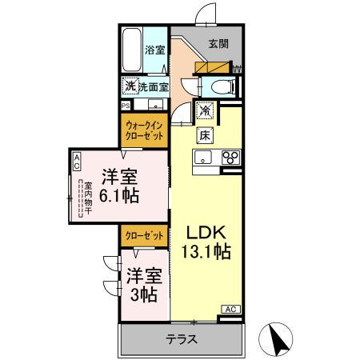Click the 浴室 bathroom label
coord(154,50)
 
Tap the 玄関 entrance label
coord(219,44)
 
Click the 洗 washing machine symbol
coord(129,86)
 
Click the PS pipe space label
coord(126,106)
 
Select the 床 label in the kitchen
coord(205,134)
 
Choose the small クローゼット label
coord(145,236)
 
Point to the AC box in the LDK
coord(229,309)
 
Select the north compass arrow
coord(280,340)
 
